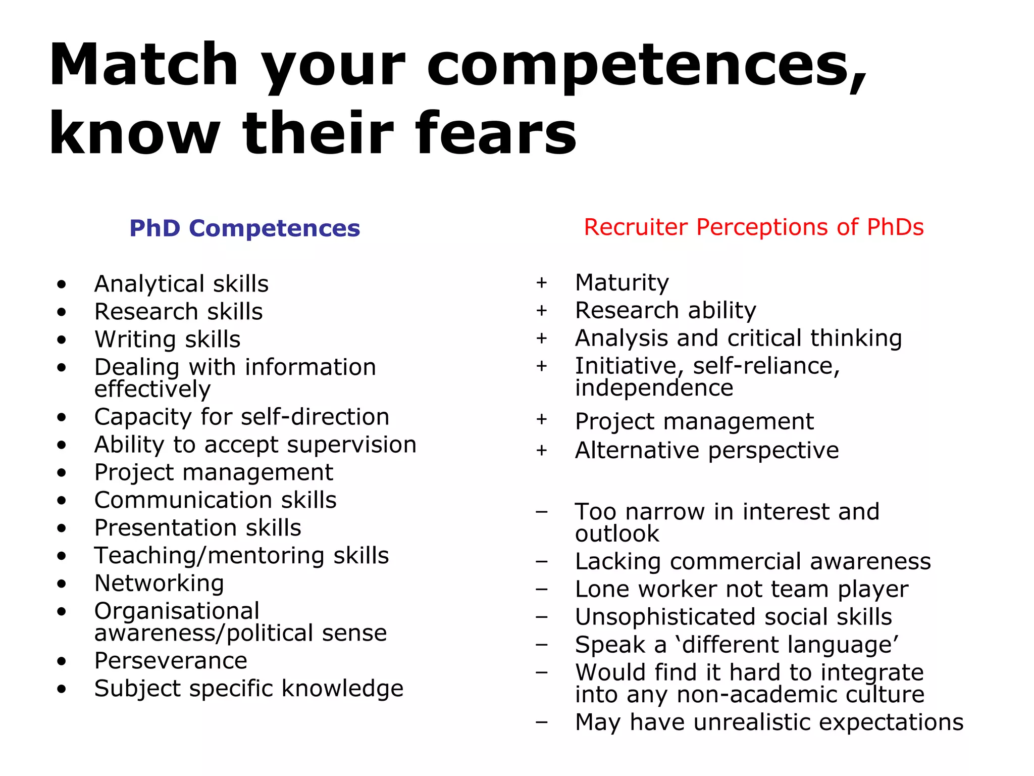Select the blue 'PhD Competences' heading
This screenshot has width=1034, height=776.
(x=245, y=228)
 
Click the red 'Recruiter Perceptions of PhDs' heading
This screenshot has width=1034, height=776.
(x=754, y=227)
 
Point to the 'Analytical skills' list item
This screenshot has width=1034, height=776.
(x=181, y=284)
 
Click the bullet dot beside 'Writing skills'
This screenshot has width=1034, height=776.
(x=62, y=339)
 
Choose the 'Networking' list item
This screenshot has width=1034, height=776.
(x=159, y=583)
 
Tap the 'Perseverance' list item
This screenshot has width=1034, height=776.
(x=171, y=661)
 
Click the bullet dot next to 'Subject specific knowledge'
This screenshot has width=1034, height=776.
(x=62, y=689)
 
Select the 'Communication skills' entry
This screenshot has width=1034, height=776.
(x=215, y=500)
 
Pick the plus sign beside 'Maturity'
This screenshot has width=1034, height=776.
(x=542, y=282)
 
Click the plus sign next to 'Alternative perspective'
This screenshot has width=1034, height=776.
(x=542, y=450)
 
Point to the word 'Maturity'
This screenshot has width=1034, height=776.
(x=622, y=282)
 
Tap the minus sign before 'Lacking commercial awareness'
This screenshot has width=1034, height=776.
(x=542, y=562)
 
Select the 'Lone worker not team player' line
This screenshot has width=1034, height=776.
(x=742, y=590)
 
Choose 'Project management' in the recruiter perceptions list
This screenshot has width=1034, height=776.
(x=694, y=421)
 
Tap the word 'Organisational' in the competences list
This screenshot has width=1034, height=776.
(x=177, y=611)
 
